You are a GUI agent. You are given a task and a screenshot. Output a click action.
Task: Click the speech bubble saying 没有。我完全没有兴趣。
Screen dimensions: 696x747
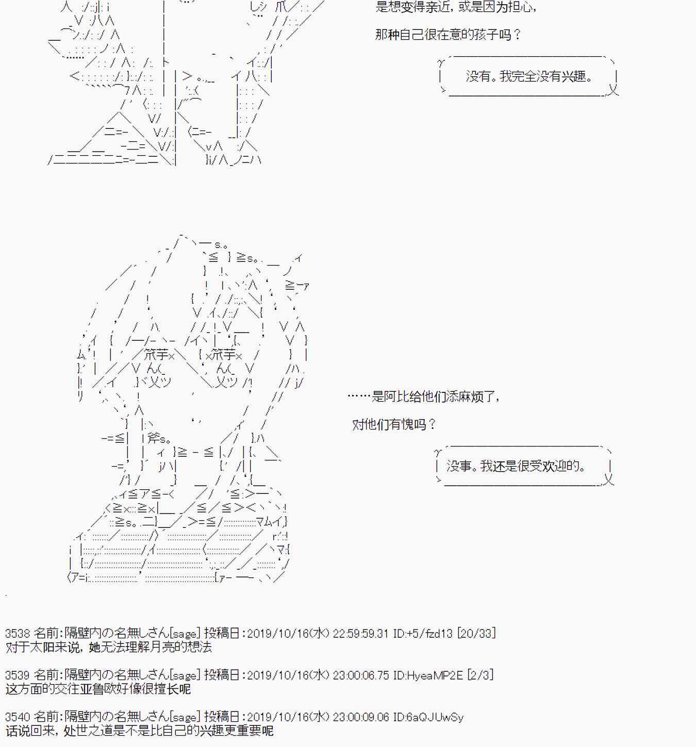click(528, 77)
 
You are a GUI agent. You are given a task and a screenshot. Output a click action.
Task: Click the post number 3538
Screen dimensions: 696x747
click(18, 633)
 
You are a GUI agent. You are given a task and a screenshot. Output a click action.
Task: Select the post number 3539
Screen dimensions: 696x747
click(18, 675)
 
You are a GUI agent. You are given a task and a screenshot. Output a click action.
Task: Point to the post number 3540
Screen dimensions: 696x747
click(18, 717)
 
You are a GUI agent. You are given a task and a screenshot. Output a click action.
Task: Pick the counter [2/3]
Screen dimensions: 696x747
click(480, 675)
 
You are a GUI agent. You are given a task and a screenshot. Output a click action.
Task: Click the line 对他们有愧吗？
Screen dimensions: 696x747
click(394, 425)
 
